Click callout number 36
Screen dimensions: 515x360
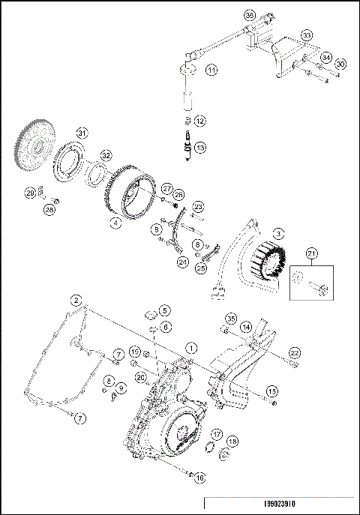click(250, 14)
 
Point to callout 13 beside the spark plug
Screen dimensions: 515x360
click(199, 148)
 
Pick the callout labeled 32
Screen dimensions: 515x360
click(106, 155)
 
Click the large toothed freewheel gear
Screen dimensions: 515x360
click(37, 150)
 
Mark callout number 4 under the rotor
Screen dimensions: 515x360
click(114, 223)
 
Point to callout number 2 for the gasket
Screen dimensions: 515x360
click(76, 300)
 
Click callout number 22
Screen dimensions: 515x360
click(295, 352)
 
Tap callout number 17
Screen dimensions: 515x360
click(215, 435)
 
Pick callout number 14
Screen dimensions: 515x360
click(245, 327)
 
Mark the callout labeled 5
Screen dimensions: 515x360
click(164, 310)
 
